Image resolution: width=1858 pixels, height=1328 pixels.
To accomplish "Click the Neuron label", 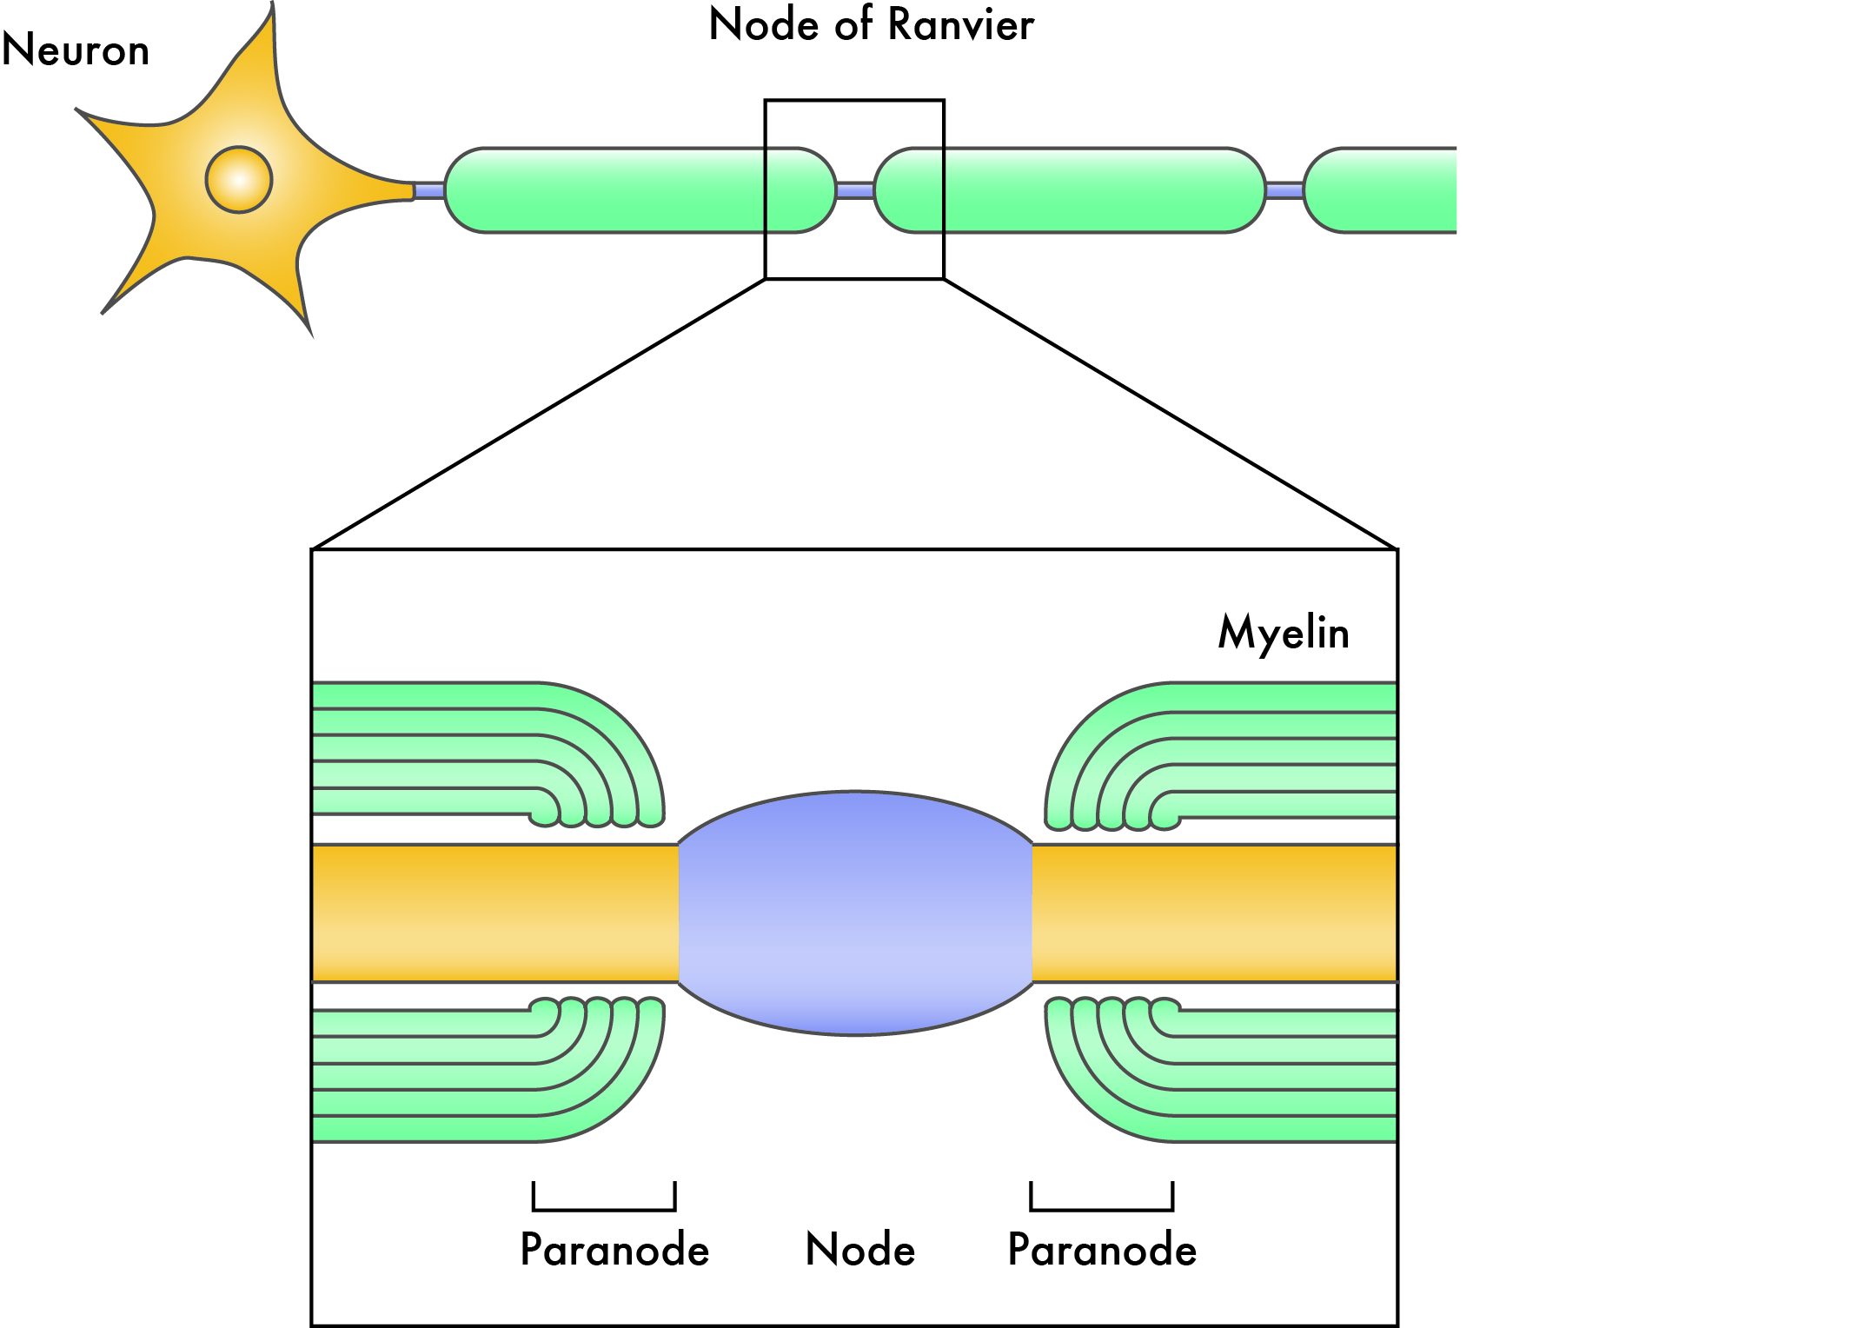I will (76, 50).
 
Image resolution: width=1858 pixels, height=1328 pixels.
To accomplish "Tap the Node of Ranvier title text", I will (871, 25).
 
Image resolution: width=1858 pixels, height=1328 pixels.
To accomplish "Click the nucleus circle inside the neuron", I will (239, 180).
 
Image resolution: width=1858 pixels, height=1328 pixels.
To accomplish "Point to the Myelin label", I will (1284, 633).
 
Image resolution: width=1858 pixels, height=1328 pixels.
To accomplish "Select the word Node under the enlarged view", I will (860, 1250).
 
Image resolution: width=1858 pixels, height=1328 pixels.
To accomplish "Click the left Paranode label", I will (614, 1250).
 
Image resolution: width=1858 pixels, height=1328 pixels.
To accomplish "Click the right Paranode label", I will (1102, 1250).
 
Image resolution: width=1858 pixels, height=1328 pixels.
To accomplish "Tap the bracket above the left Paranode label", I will (604, 1207).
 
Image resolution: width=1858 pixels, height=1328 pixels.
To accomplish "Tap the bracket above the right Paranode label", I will (1101, 1207).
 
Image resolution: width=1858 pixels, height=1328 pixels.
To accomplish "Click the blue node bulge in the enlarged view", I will (855, 913).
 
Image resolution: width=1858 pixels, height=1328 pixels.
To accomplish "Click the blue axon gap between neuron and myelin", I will (429, 190).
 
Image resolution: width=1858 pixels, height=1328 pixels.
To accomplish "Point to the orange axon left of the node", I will (495, 913).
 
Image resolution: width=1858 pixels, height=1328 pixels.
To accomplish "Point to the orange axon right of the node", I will (1215, 913).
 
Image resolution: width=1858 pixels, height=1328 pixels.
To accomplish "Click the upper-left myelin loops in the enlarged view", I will (487, 747).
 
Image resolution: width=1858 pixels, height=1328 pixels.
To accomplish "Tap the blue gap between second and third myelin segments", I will (1284, 190).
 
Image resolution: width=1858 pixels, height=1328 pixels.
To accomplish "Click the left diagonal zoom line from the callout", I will (539, 415).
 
